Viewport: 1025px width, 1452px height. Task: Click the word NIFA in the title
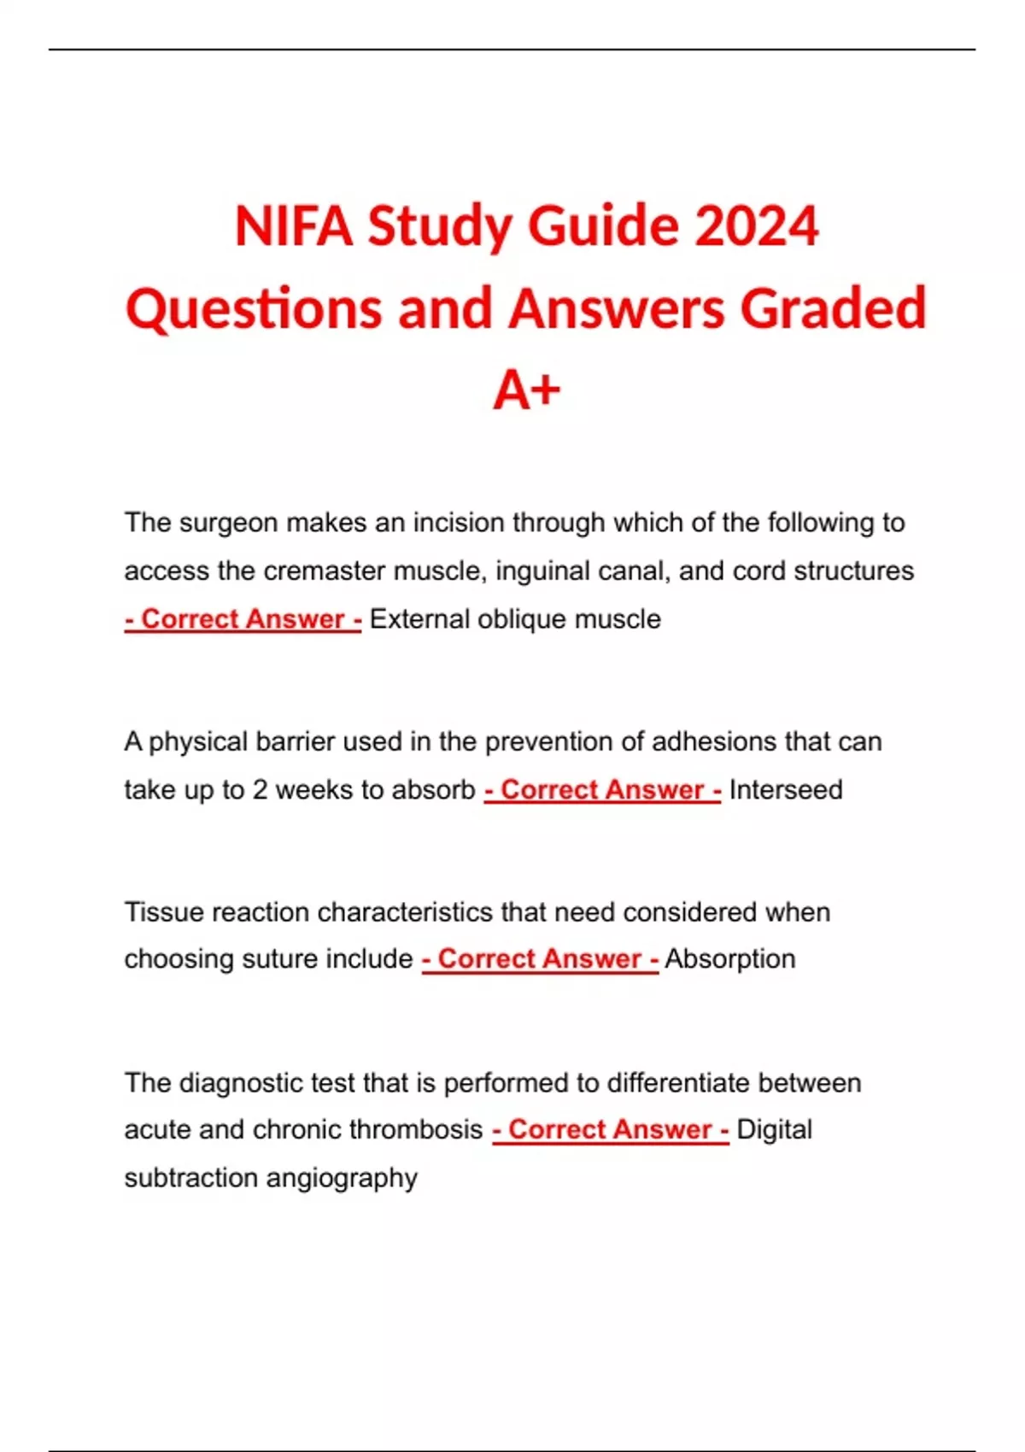(293, 226)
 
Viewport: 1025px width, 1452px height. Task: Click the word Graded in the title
(833, 308)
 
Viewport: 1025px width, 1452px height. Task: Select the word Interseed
(786, 790)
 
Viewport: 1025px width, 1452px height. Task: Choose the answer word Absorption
(730, 959)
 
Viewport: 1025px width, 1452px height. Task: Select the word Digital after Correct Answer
(774, 1130)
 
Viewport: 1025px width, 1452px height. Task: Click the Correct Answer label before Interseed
(602, 790)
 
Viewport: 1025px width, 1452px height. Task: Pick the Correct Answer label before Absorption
(540, 959)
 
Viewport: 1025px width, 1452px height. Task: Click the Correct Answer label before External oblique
(243, 619)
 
